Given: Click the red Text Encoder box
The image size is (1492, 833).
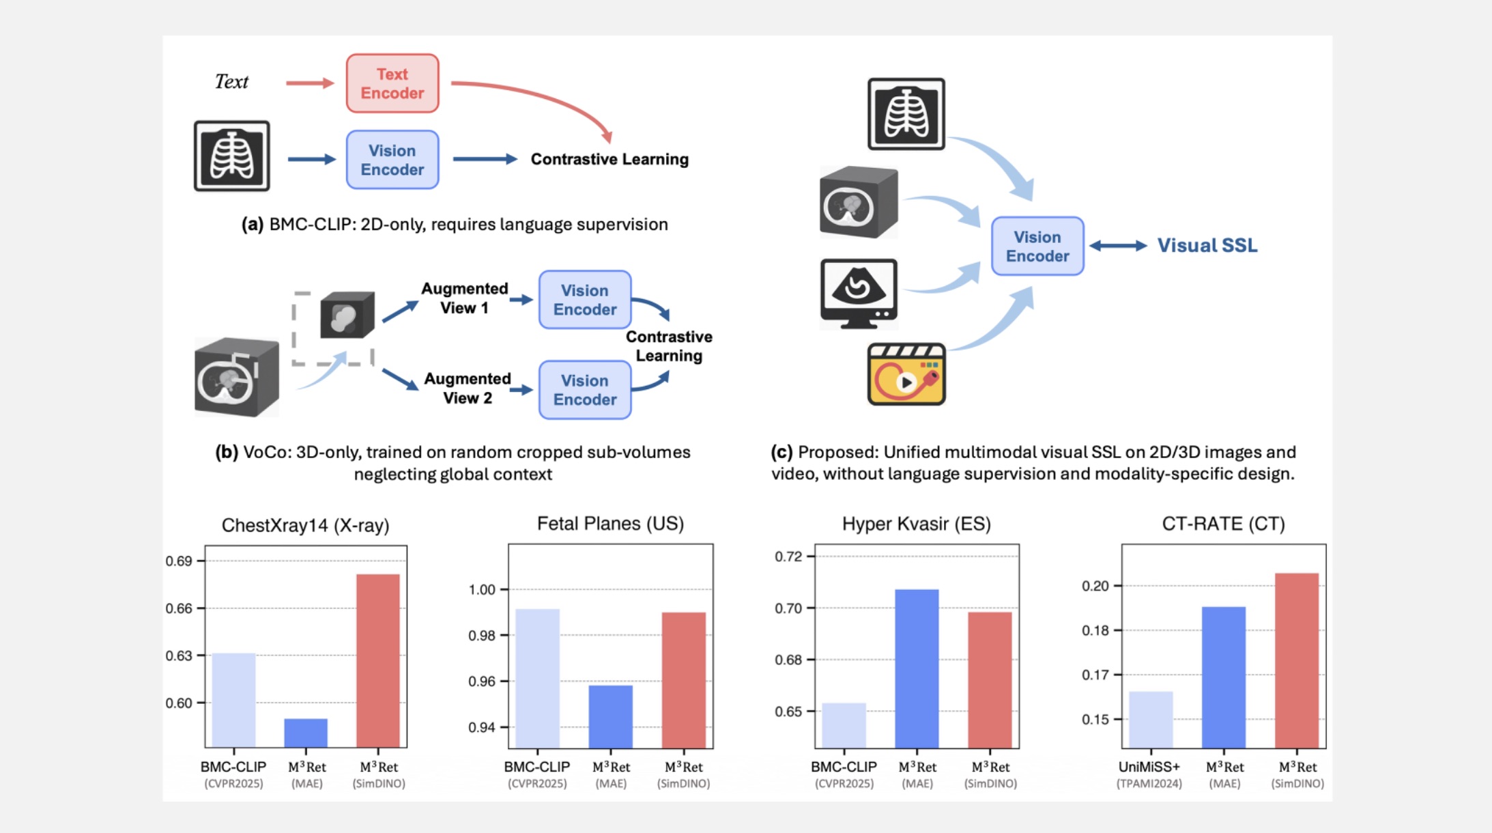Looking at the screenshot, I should pyautogui.click(x=392, y=83).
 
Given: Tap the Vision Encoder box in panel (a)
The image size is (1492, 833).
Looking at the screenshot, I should pyautogui.click(x=392, y=160).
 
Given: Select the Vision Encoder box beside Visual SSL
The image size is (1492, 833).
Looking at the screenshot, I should pyautogui.click(x=1037, y=246).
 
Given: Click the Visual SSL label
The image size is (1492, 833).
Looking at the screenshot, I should pyautogui.click(x=1207, y=246).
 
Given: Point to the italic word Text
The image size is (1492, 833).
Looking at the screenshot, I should pyautogui.click(x=231, y=82).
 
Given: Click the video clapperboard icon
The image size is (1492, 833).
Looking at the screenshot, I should pyautogui.click(x=906, y=374).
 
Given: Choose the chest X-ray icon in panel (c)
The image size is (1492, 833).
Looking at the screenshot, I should pyautogui.click(x=906, y=114).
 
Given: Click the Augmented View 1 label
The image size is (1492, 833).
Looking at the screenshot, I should pyautogui.click(x=464, y=298).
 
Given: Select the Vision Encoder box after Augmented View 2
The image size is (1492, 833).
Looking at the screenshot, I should pyautogui.click(x=585, y=390).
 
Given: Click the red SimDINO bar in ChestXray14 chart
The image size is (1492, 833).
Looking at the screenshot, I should pyautogui.click(x=378, y=660).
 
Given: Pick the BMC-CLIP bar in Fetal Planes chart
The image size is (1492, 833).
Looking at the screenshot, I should pyautogui.click(x=538, y=678).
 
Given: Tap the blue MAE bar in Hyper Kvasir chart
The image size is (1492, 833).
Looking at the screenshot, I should pyautogui.click(x=917, y=668).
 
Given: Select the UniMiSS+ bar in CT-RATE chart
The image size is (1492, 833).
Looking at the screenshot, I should pyautogui.click(x=1151, y=720).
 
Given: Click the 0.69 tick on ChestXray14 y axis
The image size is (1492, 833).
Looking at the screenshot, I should pyautogui.click(x=179, y=561).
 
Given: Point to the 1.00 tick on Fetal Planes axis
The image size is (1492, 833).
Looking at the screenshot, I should pyautogui.click(x=482, y=590).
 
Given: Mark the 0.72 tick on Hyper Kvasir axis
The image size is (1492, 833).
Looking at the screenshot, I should pyautogui.click(x=788, y=556).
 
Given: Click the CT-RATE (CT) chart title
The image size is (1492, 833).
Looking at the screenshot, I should pyautogui.click(x=1223, y=524).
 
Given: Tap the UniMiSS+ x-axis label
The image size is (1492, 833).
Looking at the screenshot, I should pyautogui.click(x=1149, y=767).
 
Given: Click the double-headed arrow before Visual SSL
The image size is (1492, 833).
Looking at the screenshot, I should pyautogui.click(x=1118, y=246).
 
